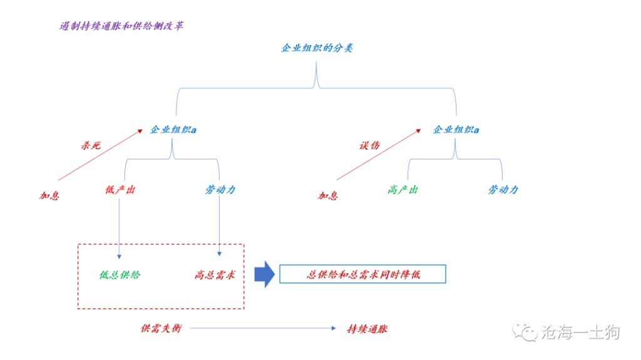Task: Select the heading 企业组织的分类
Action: point(317,48)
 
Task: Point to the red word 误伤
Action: point(369,145)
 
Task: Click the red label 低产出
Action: point(120,190)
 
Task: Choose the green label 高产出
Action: point(403,190)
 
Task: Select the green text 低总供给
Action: point(120,275)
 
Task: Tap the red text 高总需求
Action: point(215,275)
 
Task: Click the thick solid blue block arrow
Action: point(265,274)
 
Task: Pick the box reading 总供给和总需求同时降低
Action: point(362,274)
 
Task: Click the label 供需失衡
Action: point(161,328)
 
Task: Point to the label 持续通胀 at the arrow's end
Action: point(367,328)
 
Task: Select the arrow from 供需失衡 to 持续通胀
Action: point(263,328)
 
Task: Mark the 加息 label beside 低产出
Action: point(49,196)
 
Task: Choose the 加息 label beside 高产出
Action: point(328,196)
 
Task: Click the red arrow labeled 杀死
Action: point(100,157)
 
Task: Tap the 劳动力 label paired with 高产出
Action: point(503,190)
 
